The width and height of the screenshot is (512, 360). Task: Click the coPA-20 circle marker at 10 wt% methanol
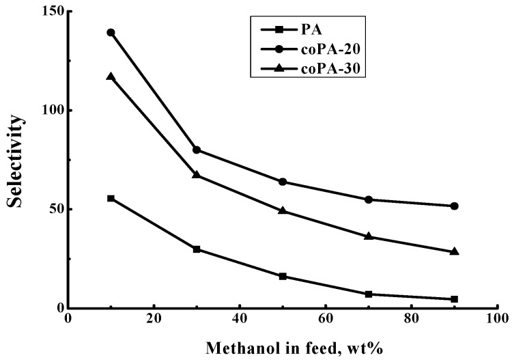coord(111,33)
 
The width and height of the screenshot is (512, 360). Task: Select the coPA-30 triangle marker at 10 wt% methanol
coord(111,77)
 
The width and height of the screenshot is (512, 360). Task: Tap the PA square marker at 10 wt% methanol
coord(111,198)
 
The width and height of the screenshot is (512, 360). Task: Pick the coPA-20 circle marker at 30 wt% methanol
coord(197,150)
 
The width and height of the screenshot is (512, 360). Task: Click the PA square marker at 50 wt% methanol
coord(283,276)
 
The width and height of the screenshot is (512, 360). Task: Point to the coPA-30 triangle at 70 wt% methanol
coord(369,236)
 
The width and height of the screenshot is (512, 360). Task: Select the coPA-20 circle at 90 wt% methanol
coord(455,206)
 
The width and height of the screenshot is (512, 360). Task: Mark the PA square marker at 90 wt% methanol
coord(455,299)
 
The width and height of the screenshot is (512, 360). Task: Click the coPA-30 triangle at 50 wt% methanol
coord(283,210)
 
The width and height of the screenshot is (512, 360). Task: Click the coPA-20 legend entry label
coord(329,49)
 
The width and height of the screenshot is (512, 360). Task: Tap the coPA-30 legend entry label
coord(329,69)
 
